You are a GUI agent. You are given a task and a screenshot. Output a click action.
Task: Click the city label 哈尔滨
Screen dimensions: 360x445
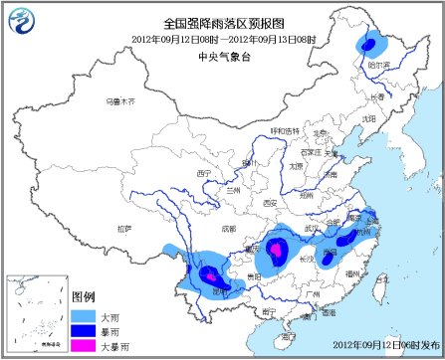(x=377, y=63)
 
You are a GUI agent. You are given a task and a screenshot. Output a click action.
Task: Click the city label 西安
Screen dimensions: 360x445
(x=268, y=203)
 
